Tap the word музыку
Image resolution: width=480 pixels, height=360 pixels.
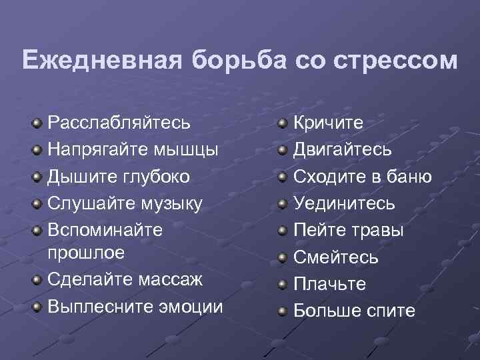pos(169,203)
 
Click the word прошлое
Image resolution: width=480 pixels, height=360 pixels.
pos(86,253)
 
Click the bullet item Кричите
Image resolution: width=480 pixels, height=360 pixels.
pos(329,123)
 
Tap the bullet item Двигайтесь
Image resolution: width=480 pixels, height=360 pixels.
pos(343,150)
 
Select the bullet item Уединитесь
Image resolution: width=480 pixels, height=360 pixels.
pos(344,203)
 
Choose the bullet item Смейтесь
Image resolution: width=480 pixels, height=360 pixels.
pos(336,257)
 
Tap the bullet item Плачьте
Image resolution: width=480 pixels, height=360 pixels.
pos(330,284)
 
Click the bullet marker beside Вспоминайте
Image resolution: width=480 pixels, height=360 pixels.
pos(37,230)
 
